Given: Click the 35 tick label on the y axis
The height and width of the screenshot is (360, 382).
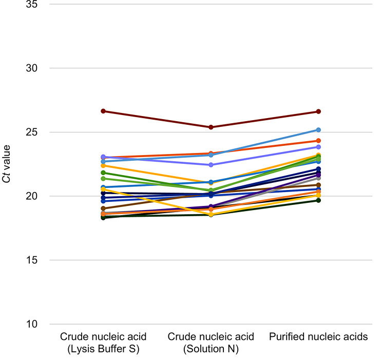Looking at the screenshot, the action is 32,4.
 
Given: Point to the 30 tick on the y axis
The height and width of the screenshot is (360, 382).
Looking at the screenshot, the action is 32,68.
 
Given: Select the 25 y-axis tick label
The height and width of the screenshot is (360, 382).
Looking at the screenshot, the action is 32,132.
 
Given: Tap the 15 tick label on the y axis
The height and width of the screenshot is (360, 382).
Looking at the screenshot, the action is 32,260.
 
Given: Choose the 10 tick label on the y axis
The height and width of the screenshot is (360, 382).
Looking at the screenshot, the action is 32,324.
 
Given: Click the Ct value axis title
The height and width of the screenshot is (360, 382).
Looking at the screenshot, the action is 6,164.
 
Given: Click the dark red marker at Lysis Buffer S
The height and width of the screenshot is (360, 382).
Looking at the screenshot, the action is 103,111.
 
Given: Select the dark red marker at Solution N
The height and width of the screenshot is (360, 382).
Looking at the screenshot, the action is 211,127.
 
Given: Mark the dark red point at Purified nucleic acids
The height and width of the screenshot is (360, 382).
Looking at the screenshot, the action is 318,111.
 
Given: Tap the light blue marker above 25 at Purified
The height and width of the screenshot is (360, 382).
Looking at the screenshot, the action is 318,130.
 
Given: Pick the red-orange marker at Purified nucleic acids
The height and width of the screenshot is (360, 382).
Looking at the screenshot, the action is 318,141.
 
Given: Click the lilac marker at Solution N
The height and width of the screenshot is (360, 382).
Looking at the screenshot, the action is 211,165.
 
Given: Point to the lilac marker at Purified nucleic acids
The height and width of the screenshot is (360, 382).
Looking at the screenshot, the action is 318,147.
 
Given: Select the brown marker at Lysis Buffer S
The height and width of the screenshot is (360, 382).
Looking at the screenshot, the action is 103,209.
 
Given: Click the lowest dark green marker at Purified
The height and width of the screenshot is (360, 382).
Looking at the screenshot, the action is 318,200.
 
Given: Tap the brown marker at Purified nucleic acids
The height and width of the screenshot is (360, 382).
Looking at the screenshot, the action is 318,185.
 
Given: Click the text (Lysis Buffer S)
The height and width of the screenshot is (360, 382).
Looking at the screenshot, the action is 103,349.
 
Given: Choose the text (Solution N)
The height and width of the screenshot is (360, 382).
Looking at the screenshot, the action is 211,349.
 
